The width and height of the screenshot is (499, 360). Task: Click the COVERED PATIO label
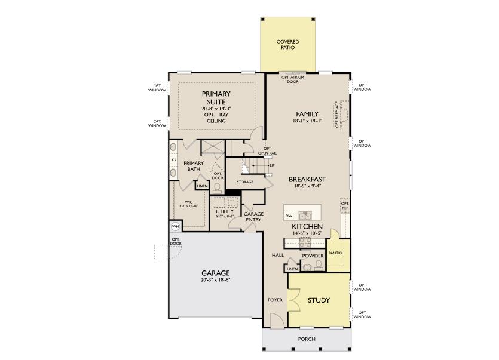coord(287,45)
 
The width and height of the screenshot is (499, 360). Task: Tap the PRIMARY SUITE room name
coord(216,97)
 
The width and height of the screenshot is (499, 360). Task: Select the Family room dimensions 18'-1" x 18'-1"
coord(307,121)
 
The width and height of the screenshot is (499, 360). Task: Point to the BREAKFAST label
coord(307,179)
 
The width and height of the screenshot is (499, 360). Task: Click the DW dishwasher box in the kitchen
coord(289,216)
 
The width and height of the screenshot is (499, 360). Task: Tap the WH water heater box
coord(175,227)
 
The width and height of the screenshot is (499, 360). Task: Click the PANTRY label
coord(335,253)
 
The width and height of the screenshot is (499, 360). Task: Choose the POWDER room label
coord(312,256)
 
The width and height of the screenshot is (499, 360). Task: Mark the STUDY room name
coord(319,300)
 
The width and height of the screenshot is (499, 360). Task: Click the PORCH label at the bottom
coord(307,339)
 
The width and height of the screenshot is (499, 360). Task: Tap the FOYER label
coord(274,300)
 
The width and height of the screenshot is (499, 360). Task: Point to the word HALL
coord(278,255)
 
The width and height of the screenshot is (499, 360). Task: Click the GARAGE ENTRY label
coord(253,216)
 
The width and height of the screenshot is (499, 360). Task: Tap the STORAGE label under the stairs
coord(244,182)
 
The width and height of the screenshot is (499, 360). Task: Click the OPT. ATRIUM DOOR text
coord(290,79)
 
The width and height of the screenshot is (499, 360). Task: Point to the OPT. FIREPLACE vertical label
coord(337,114)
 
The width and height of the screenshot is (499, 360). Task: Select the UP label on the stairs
coord(272,165)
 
